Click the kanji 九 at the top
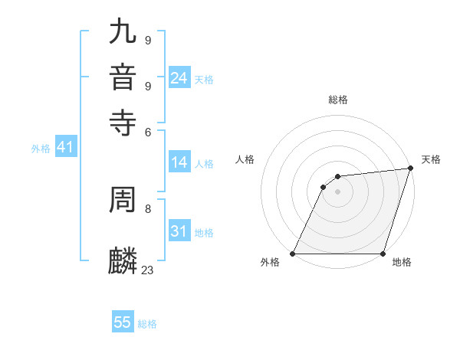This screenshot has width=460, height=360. coord(123,31)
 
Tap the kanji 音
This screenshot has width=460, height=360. coord(123,77)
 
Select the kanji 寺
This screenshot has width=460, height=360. coord(123,121)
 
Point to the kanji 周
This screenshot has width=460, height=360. coord(123,200)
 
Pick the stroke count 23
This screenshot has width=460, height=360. coord(148,269)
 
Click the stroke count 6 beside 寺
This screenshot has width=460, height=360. coord(148,131)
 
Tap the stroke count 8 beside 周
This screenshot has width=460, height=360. coord(148,208)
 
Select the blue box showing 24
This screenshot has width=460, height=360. coord(179,78)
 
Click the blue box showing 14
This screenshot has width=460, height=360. coord(179,162)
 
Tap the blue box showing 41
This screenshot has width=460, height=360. coord(65,148)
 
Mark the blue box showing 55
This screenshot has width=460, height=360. coord(123,322)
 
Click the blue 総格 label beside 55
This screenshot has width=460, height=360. coord(147,324)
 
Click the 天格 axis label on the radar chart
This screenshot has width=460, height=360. coord(431,159)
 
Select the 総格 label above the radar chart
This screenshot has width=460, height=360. coord(338,100)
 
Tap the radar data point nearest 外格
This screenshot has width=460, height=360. coord(293,254)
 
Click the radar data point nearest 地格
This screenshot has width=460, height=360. coord(383,254)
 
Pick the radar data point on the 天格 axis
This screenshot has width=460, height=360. coord(411,169)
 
